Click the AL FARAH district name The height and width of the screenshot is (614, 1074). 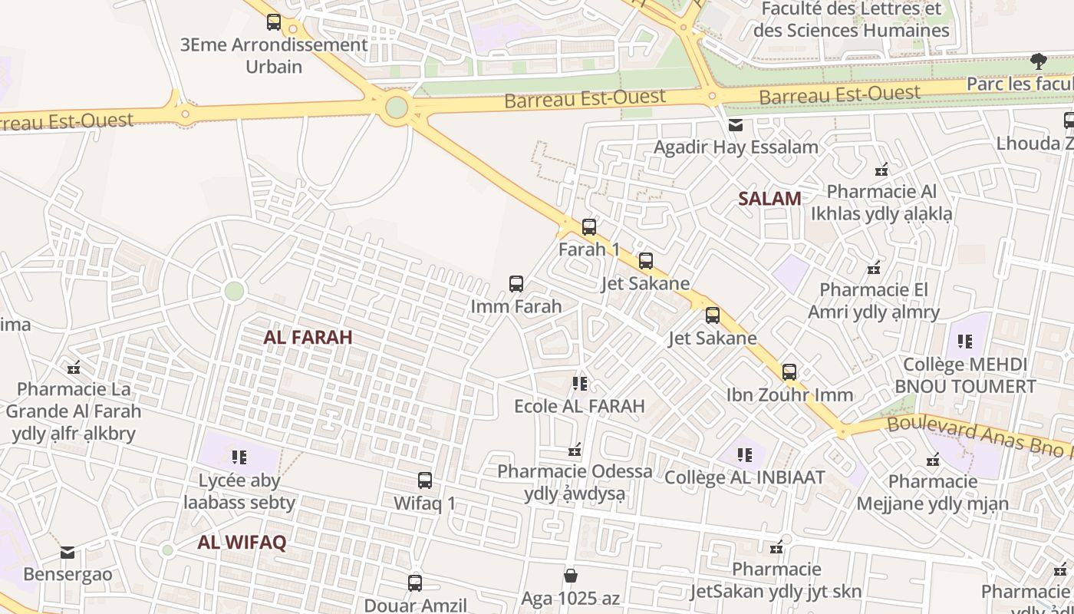coord(308,337)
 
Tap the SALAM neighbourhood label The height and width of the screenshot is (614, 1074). coord(769,199)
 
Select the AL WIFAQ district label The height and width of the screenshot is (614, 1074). coord(242,543)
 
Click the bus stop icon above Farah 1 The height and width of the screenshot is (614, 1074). coord(588,227)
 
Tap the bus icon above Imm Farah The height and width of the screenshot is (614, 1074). coord(516,284)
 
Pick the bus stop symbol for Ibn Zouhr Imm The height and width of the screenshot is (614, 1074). coord(789,372)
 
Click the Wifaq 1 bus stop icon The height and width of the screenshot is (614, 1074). coord(424,481)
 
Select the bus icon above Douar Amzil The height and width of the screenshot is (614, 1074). coord(414,583)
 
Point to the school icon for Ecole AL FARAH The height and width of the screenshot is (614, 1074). coord(579,383)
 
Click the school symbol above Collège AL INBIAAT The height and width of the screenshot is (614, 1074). coord(744,455)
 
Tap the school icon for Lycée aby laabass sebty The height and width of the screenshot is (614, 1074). coord(239,457)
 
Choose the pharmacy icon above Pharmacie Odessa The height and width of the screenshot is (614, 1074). coord(575,449)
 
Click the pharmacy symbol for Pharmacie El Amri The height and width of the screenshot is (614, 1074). coord(873,268)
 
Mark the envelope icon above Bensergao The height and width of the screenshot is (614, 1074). coord(68,552)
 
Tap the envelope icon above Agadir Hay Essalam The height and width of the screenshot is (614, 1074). coord(735,125)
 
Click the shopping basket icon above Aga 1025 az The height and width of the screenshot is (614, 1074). coord(570,576)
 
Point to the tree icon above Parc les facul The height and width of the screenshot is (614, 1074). coord(1038,61)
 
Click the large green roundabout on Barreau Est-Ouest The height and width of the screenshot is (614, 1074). coord(396,107)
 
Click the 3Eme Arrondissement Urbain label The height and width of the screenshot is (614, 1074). coord(274,55)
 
